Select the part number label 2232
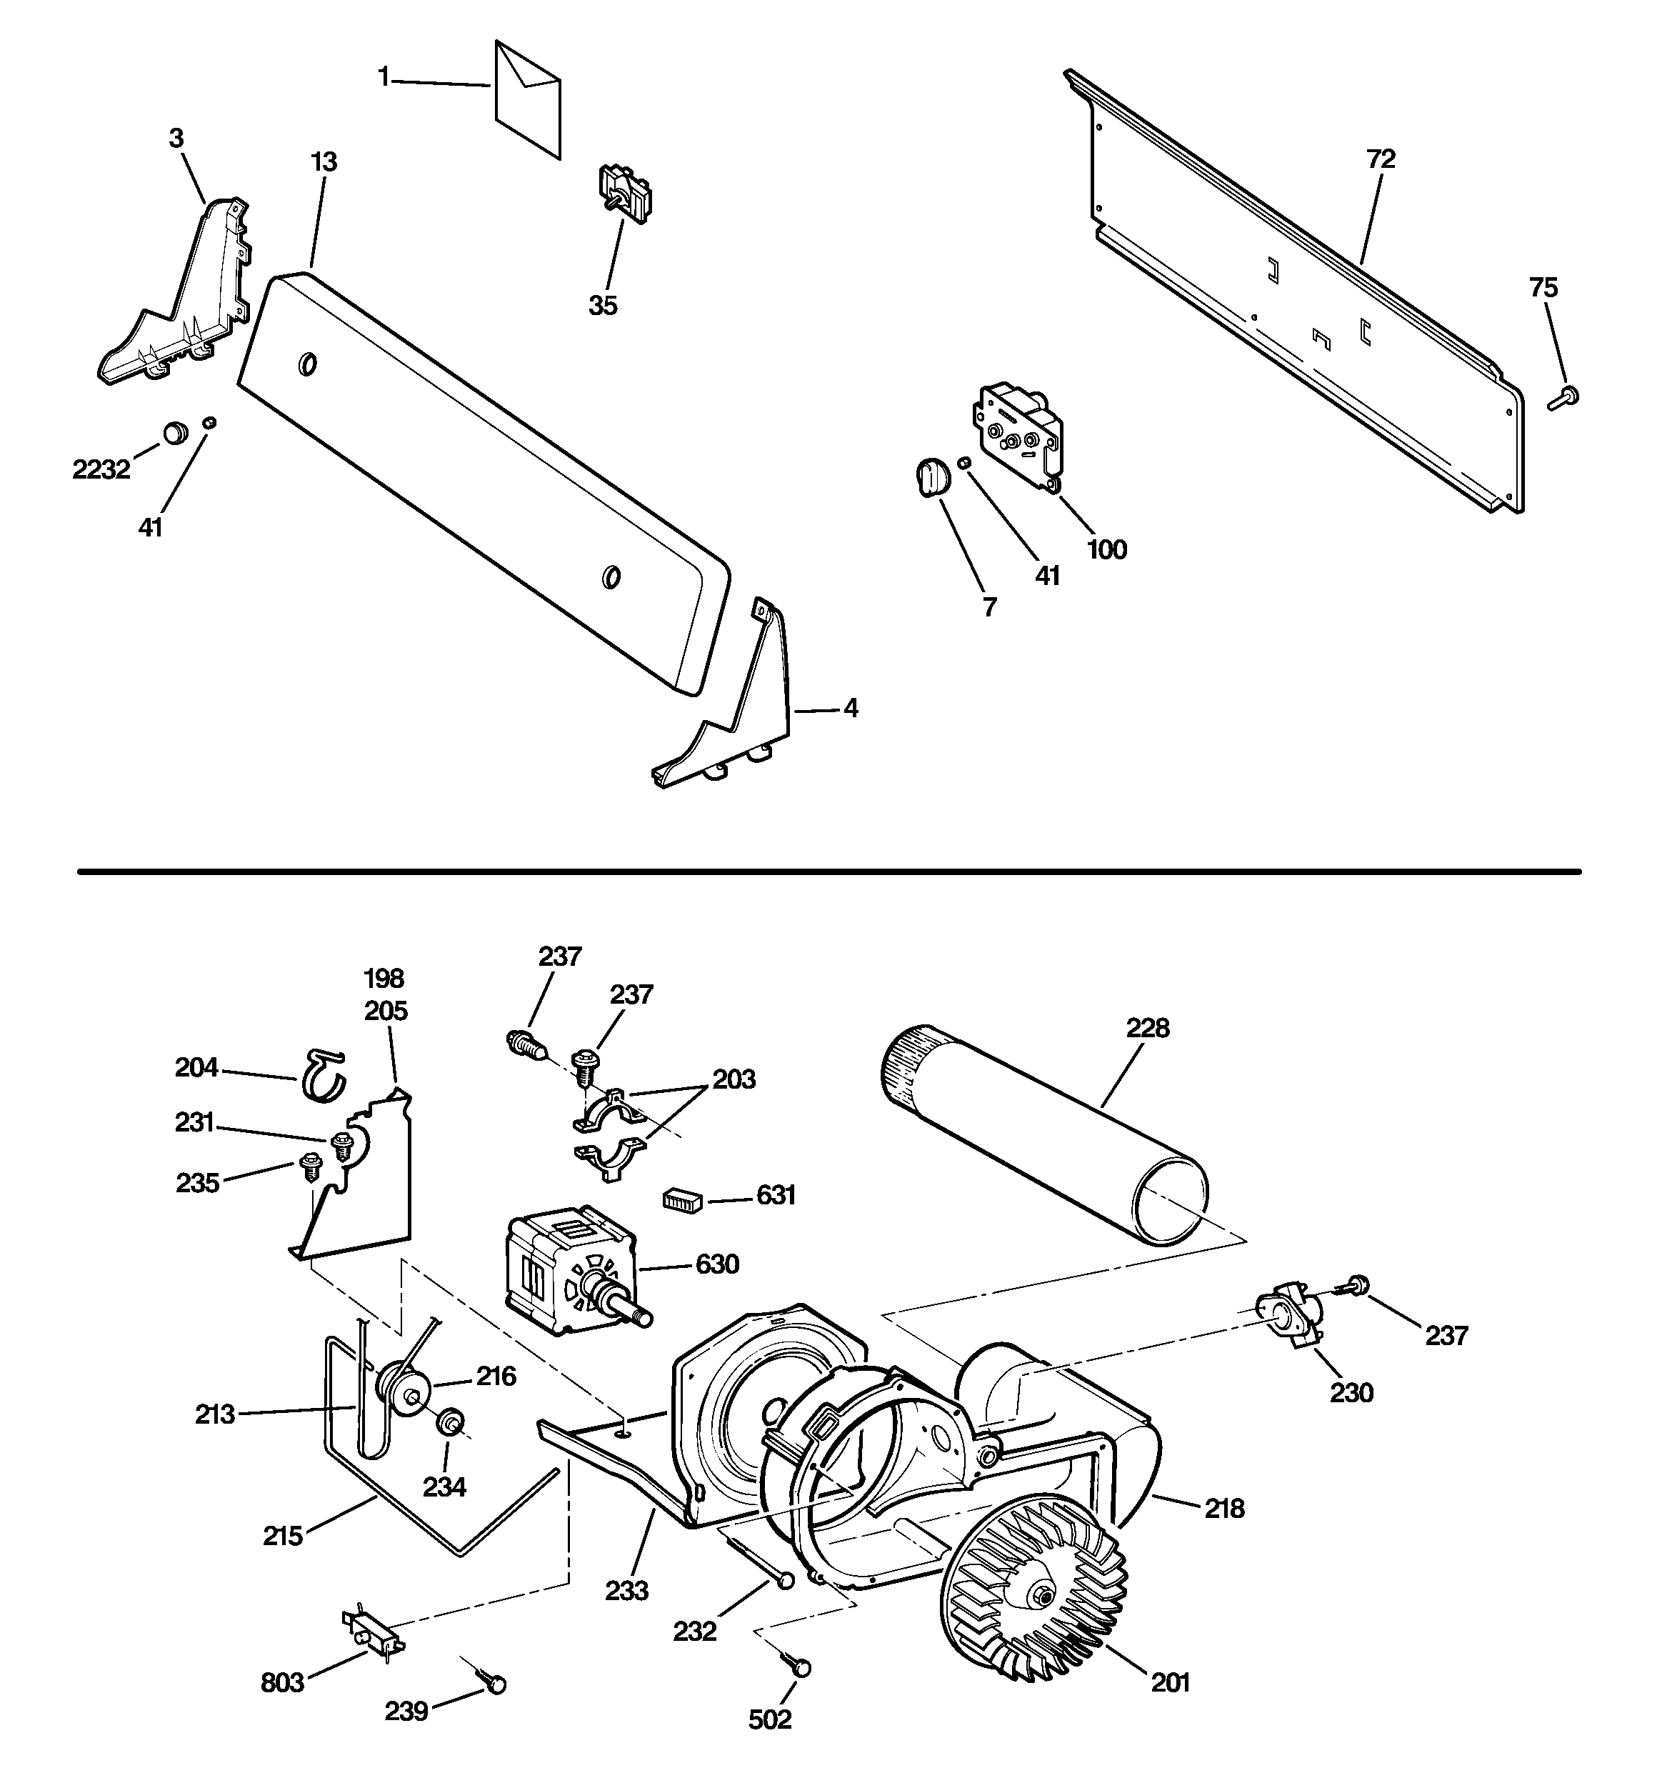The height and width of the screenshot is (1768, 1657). click(101, 469)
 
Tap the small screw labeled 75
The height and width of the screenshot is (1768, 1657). click(1563, 398)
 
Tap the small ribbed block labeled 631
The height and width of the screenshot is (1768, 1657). click(682, 1199)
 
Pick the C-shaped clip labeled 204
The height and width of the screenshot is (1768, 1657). click(322, 1074)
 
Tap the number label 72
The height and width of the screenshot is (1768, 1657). click(1381, 159)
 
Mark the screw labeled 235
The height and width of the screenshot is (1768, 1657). click(311, 1165)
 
